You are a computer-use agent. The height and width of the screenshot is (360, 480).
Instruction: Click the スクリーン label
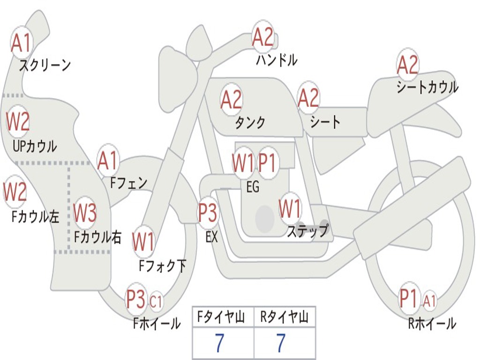pyautogui.click(x=45, y=65)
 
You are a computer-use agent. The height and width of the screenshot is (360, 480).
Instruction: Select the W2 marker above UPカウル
pyautogui.click(x=18, y=121)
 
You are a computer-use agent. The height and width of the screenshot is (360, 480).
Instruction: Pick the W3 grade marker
pyautogui.click(x=85, y=212)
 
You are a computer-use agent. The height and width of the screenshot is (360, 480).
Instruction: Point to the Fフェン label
pyautogui.click(x=128, y=183)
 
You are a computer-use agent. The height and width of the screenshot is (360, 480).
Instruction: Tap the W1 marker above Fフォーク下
pyautogui.click(x=143, y=241)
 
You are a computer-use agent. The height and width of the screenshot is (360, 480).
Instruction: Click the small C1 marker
pyautogui.click(x=156, y=301)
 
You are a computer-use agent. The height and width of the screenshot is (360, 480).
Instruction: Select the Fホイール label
pyautogui.click(x=157, y=323)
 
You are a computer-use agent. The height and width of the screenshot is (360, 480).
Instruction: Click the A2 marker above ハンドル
pyautogui.click(x=262, y=37)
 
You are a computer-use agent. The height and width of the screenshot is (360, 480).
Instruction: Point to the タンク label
pyautogui.click(x=250, y=122)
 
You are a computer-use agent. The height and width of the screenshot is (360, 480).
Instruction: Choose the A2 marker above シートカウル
pyautogui.click(x=407, y=65)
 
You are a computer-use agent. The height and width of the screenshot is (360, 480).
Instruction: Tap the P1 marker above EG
pyautogui.click(x=267, y=163)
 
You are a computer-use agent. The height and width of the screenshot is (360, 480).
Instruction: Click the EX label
pyautogui.click(x=211, y=237)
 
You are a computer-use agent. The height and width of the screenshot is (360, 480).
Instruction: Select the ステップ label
pyautogui.click(x=307, y=230)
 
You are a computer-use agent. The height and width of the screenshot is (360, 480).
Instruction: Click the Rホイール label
pyautogui.click(x=432, y=323)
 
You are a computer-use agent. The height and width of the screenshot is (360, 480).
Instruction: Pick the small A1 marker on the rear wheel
pyautogui.click(x=429, y=300)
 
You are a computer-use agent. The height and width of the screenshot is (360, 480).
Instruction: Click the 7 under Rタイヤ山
pyautogui.click(x=281, y=343)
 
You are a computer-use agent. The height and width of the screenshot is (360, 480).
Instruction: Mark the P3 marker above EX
pyautogui.click(x=208, y=212)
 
